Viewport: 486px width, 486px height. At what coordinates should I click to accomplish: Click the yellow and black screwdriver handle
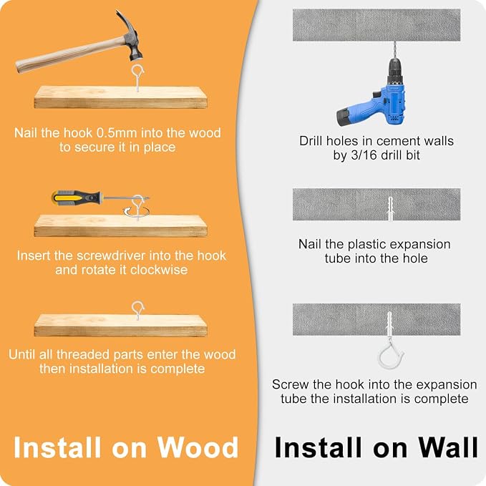point(77,198)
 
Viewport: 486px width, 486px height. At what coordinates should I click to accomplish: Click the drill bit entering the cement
point(394,49)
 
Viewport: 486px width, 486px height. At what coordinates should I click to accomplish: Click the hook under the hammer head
point(137,77)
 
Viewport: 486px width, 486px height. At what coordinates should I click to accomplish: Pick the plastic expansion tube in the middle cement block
point(390,208)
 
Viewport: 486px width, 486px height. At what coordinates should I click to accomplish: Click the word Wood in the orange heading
point(198,447)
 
